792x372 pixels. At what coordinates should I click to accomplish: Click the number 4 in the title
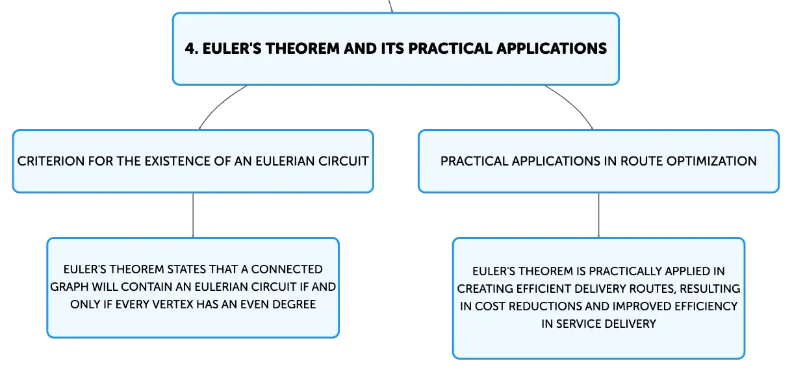coord(191,49)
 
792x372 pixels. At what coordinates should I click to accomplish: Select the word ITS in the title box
coord(392,49)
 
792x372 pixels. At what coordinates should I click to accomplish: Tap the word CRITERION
coord(50,161)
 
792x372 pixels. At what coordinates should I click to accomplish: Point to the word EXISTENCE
coord(177,161)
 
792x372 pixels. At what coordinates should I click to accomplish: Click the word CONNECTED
coord(287,269)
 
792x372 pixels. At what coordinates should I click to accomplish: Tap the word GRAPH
coord(70,287)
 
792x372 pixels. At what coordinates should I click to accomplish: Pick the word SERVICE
coord(581,323)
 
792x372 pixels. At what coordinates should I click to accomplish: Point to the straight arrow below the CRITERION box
coord(193,215)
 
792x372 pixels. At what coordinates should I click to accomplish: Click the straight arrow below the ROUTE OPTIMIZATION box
coord(598,215)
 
